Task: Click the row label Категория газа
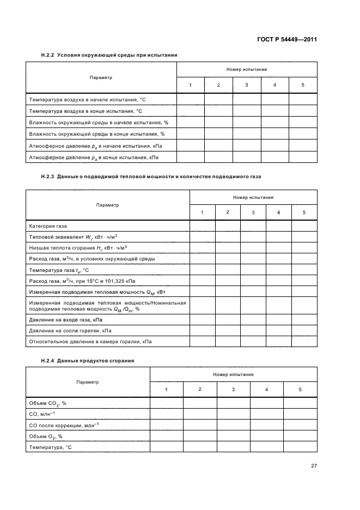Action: pos(48,226)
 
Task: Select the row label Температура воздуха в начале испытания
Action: pos(87,100)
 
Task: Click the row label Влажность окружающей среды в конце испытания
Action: pos(96,134)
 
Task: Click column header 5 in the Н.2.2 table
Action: pos(303,85)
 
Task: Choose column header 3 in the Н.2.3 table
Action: pos(253,212)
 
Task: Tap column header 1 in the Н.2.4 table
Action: pos(166,390)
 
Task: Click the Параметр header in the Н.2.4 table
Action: pos(88,382)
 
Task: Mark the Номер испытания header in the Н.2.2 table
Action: pos(246,69)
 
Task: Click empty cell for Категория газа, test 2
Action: pos(228,226)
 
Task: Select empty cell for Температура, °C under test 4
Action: pos(266,447)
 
